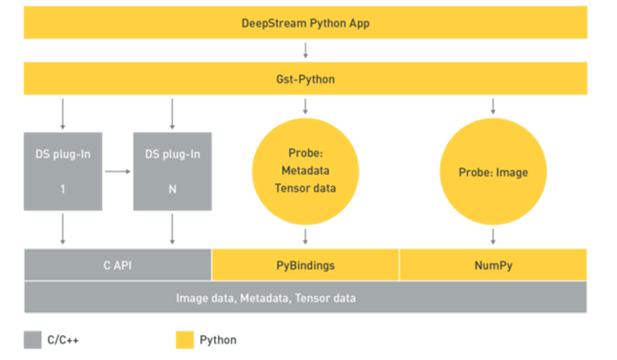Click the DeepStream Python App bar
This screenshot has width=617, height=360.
click(305, 22)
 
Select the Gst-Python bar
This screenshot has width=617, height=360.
click(305, 79)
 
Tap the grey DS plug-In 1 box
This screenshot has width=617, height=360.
click(63, 171)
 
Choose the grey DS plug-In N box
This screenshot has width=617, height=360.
click(172, 171)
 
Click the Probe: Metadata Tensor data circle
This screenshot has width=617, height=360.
click(306, 171)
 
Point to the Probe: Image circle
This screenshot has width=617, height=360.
click(493, 171)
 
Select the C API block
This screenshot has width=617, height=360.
click(117, 265)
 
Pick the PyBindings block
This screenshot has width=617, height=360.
click(306, 265)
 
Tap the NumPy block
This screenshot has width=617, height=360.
click(493, 265)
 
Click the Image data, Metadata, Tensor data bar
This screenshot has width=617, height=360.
click(305, 298)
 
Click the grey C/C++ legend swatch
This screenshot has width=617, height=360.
click(33, 339)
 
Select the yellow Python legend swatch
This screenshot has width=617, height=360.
click(185, 339)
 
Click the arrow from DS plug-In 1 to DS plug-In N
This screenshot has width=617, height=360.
click(118, 171)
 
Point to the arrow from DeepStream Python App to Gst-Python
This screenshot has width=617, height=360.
click(306, 50)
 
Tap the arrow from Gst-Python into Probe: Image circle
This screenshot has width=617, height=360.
click(493, 106)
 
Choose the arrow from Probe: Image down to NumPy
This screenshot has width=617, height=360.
click(493, 236)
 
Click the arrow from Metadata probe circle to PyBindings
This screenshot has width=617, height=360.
click(306, 236)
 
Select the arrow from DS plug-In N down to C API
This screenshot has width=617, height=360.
click(172, 229)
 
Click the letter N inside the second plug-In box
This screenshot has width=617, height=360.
click(172, 190)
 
